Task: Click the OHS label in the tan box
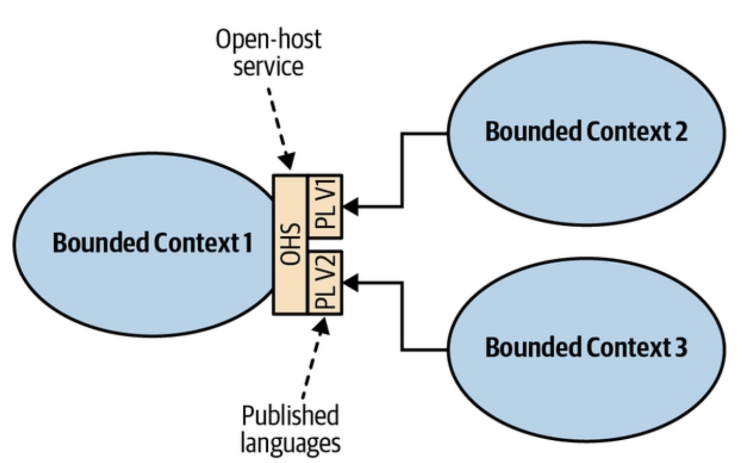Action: [290, 244]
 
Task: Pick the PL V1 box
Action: [326, 206]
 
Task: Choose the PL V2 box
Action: [326, 282]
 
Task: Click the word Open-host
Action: [268, 39]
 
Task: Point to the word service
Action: [268, 67]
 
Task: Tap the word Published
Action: [290, 416]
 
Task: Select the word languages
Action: [290, 443]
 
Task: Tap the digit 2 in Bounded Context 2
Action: [681, 132]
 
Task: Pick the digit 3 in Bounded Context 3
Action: [681, 347]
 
